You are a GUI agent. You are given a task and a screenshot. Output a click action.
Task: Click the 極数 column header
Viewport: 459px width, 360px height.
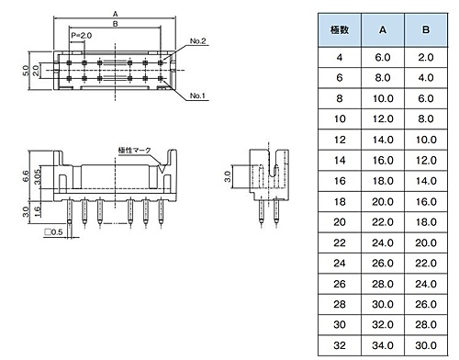[340, 30]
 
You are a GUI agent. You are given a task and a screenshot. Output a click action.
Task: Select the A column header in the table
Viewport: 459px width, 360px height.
[383, 30]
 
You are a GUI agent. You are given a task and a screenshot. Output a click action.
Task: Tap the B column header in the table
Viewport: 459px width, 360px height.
[426, 30]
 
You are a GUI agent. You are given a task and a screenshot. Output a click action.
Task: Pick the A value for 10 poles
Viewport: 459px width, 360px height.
[383, 118]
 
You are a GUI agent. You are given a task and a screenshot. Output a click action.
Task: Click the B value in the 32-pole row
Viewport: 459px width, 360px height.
[426, 345]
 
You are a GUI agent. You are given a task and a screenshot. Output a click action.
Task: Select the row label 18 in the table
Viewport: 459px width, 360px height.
[340, 202]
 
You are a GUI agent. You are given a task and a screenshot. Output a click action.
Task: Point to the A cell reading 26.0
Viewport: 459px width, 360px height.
[383, 264]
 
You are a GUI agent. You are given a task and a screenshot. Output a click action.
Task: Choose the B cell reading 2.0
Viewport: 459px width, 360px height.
[426, 57]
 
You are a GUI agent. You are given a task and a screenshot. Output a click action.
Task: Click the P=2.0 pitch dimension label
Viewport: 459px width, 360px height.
[81, 36]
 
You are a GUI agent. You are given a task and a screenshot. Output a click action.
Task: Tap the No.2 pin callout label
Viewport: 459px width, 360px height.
[197, 41]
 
